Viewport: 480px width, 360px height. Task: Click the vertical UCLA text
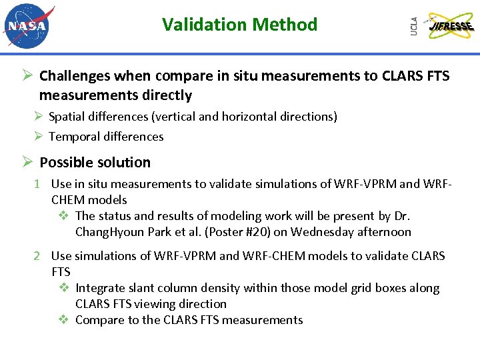coord(414,26)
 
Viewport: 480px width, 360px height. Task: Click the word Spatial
coord(65,117)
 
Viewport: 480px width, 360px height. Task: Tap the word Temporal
coord(73,137)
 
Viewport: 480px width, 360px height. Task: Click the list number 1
coord(39,183)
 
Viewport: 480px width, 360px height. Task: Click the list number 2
coord(39,256)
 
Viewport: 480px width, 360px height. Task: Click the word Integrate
coord(100,288)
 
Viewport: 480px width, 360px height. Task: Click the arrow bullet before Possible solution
coord(26,162)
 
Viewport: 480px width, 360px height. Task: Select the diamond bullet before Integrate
coord(64,288)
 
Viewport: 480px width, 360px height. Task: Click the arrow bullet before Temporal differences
coord(39,137)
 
